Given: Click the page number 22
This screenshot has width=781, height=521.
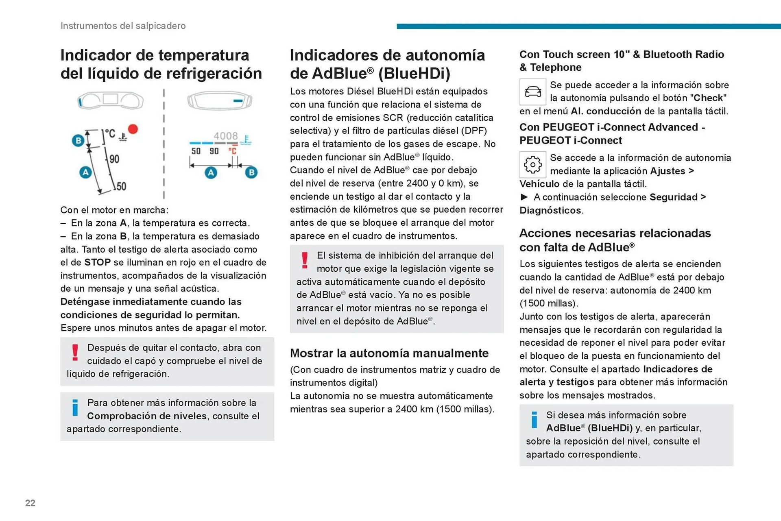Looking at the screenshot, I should tap(30, 503).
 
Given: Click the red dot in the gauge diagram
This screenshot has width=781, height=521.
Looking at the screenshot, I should tap(133, 129).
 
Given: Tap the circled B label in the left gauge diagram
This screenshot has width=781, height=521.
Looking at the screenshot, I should tap(78, 141).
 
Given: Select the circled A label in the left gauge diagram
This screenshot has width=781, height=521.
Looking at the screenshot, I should tap(85, 172).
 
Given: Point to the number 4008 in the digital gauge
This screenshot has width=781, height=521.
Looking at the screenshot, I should tap(226, 136).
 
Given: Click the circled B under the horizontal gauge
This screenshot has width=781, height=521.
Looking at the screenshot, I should tap(251, 172).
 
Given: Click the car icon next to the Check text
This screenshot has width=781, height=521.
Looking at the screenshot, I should tap(532, 92).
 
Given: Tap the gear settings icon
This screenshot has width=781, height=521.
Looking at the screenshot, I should tap(532, 165).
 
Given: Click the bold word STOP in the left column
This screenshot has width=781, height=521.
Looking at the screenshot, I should tap(97, 262).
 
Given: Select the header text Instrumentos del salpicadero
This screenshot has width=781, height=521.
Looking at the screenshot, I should tap(123, 26).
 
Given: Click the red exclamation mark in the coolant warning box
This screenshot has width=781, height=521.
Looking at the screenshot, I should tap(75, 352).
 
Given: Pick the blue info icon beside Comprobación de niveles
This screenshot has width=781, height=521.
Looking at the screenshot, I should tap(75, 408).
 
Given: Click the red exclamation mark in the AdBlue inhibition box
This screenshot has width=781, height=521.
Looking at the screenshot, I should tap(305, 260).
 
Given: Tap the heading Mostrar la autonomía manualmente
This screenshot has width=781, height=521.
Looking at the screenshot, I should tap(389, 353).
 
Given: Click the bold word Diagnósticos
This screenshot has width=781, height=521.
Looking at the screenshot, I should tap(550, 210).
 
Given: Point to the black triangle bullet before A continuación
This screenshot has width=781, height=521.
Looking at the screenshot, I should tap(524, 197).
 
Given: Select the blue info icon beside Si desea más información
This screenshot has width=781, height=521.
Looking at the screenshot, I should tap(534, 420).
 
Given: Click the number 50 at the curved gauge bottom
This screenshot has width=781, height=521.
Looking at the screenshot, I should tap(121, 186).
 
